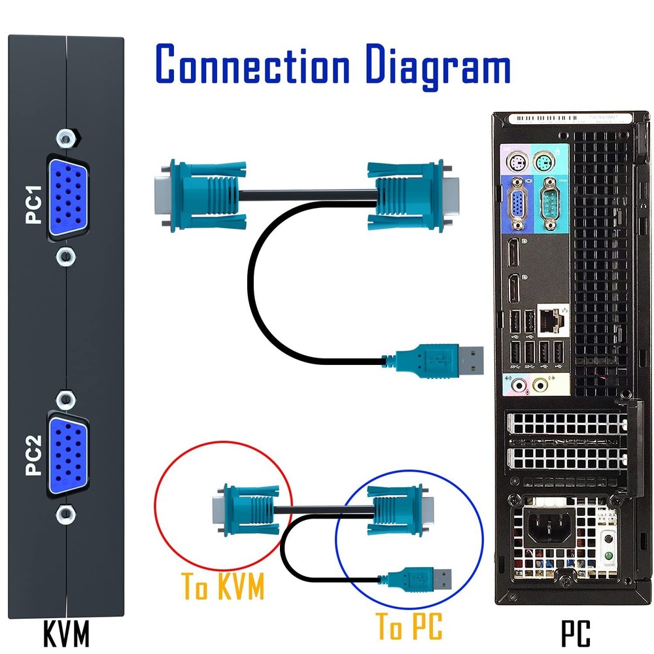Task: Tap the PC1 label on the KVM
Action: click(x=33, y=205)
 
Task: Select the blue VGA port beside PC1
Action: click(x=67, y=196)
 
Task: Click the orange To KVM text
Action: click(x=223, y=586)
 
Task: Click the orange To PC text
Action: click(x=409, y=627)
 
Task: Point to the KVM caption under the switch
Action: click(x=65, y=633)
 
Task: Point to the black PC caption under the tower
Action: click(x=576, y=633)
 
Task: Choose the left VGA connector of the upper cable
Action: click(x=196, y=190)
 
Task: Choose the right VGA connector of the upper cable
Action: click(x=412, y=190)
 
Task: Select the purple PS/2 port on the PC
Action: click(x=516, y=162)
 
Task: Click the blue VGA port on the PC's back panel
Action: click(x=516, y=207)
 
